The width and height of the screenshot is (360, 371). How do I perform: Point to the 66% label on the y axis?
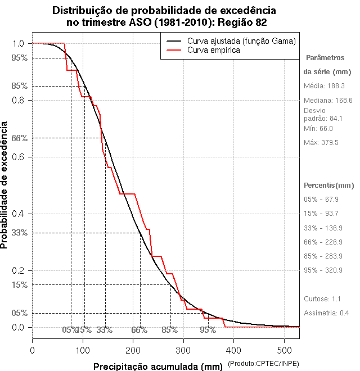[x=20, y=138]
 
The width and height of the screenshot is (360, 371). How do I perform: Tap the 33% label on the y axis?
[x=20, y=233]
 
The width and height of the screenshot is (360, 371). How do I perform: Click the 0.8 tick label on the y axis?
[x=18, y=100]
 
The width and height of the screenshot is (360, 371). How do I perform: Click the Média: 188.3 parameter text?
[x=324, y=86]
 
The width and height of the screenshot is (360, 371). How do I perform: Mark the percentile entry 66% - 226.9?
[x=323, y=242]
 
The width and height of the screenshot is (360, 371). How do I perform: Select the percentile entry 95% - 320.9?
[x=323, y=270]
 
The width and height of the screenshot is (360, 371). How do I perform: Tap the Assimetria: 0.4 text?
[x=327, y=313]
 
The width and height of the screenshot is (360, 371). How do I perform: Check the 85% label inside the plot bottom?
[x=170, y=330]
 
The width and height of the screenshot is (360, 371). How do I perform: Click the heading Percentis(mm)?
[x=329, y=185]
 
